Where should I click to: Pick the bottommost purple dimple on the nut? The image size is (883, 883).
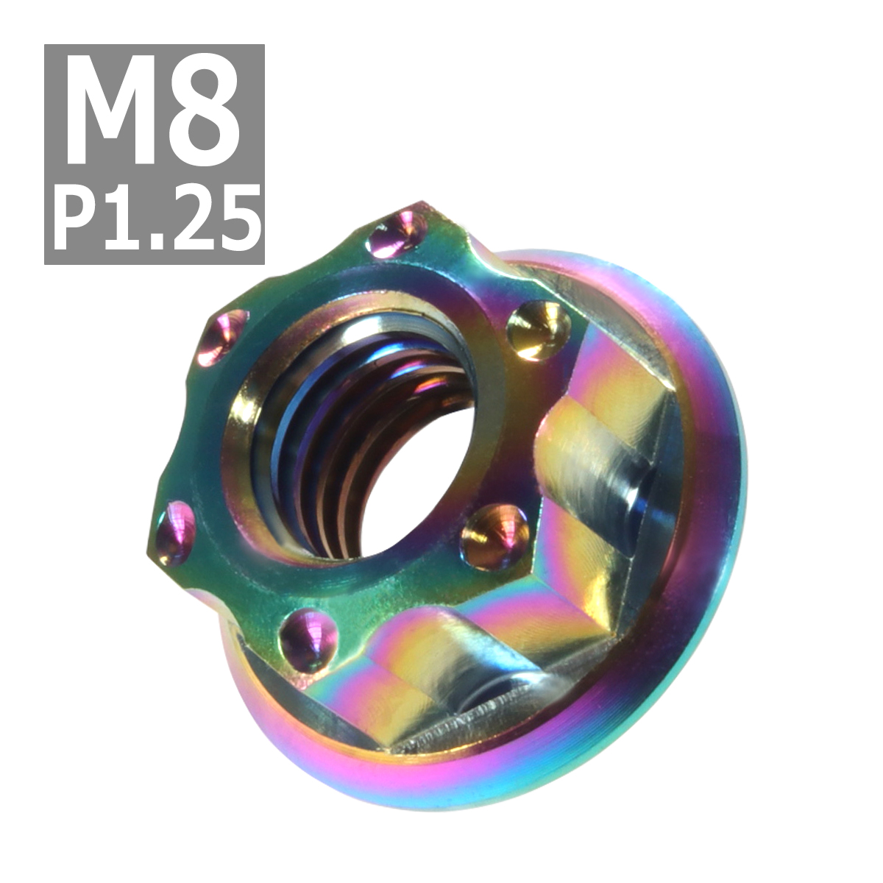coord(308,634)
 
